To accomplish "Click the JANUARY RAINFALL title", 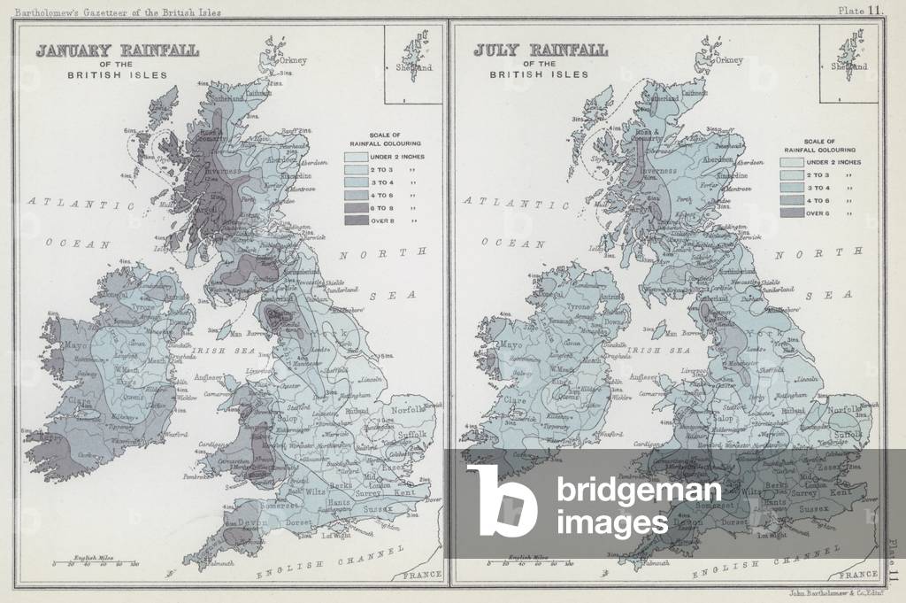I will (117, 50).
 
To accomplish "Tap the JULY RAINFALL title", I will (540, 50).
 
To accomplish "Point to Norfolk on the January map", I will (408, 410).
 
